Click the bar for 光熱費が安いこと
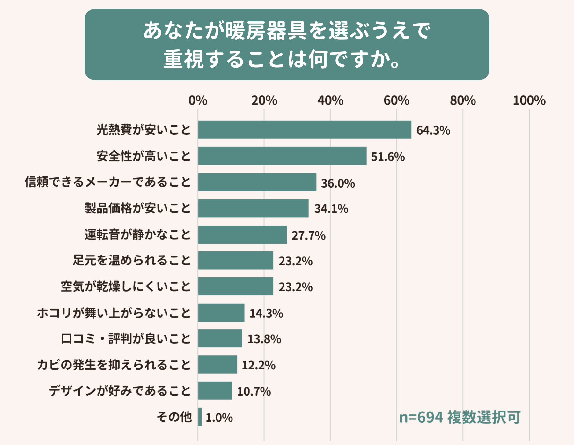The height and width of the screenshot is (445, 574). (x=305, y=130)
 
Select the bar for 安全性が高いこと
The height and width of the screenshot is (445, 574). (x=282, y=156)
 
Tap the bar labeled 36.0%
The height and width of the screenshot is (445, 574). (x=257, y=182)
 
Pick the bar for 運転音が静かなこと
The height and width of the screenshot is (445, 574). (x=242, y=235)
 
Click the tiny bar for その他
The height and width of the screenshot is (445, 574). (x=200, y=417)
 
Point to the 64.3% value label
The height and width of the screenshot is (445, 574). (x=433, y=130)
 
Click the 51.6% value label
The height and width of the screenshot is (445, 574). (x=388, y=157)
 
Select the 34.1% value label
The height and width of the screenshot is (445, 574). (x=331, y=209)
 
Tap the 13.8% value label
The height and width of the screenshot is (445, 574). (x=264, y=339)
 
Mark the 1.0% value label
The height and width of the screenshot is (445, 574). (x=219, y=418)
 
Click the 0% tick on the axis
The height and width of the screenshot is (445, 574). (x=198, y=101)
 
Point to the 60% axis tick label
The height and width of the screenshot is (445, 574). (x=396, y=101)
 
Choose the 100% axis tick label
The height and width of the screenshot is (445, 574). (x=529, y=101)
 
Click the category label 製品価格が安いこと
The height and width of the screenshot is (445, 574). (x=137, y=208)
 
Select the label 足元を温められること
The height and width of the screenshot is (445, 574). (x=132, y=260)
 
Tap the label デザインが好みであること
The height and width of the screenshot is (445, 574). (x=120, y=391)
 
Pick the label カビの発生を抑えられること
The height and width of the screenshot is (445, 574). (x=114, y=365)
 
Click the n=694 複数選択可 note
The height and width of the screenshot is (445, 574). (x=460, y=417)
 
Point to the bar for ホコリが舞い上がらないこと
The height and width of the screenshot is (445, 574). (x=221, y=313)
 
